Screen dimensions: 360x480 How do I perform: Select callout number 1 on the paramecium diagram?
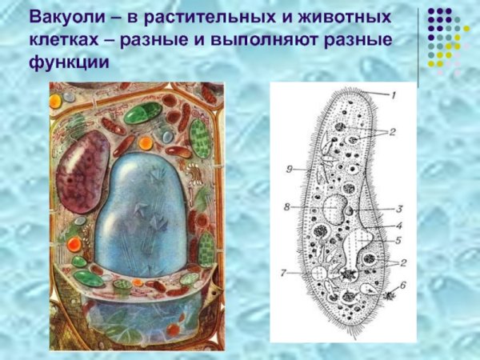[x=393, y=94]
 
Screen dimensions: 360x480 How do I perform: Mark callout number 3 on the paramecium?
[x=398, y=209]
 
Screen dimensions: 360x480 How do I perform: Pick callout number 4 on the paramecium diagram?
[x=398, y=226]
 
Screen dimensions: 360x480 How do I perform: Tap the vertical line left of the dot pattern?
[x=418, y=44]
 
